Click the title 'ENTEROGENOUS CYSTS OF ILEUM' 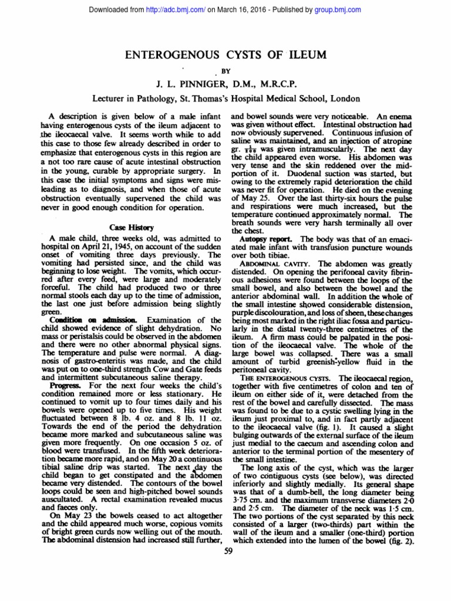[x=225, y=56]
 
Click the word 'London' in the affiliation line [x=345, y=99]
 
